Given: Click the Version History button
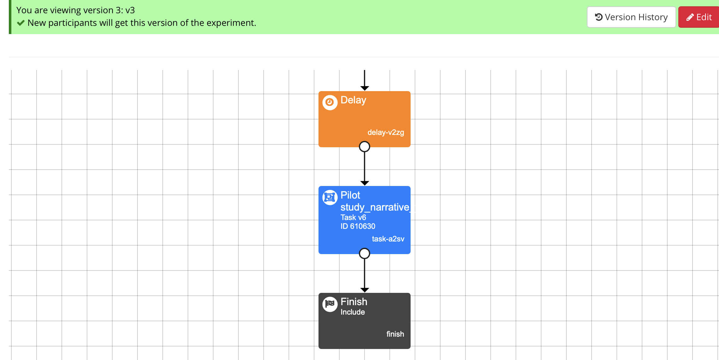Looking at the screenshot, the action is pos(631,17).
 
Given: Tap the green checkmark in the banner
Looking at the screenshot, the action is pos(21,23).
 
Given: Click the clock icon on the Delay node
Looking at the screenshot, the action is pos(330,102).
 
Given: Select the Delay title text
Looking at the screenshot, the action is pos(353,100).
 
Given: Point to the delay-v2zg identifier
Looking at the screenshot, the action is pos(386,132).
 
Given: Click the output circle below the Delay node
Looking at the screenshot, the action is pos(365,147).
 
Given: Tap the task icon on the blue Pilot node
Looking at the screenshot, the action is pos(330,197).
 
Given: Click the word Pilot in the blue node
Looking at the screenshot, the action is pos(350,195).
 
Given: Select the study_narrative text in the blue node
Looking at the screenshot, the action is pos(375,207).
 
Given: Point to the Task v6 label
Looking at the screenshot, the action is pos(353,218).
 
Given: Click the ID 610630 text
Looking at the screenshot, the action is pos(358,226).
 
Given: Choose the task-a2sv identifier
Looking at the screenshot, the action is pos(388,239).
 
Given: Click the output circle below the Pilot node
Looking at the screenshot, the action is pos(365,253).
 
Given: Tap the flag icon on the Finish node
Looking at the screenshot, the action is pos(330,304).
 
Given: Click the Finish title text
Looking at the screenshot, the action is pos(354,302).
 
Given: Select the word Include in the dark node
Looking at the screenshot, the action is pos(353,312).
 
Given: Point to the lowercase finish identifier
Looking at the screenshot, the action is pos(395,334).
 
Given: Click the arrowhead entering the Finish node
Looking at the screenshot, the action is pos(365,290).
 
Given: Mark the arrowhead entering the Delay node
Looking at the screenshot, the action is pos(365,88).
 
